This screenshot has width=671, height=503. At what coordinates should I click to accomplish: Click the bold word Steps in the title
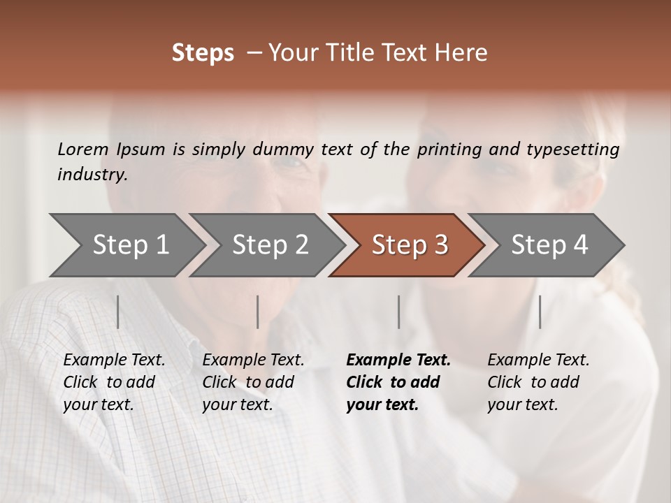(x=203, y=53)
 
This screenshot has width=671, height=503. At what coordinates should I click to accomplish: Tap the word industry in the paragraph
(x=92, y=175)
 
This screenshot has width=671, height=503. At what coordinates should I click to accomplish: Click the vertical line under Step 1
(x=117, y=312)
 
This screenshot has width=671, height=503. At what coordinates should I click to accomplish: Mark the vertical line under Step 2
(x=258, y=312)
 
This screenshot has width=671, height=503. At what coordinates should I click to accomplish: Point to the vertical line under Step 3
(x=398, y=312)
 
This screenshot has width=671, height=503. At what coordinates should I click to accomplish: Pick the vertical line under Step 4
(x=540, y=312)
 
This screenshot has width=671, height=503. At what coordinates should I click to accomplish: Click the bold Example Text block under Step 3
(x=398, y=382)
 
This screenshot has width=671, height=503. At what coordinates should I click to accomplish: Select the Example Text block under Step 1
(x=114, y=382)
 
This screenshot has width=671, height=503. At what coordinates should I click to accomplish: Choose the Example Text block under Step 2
(x=253, y=382)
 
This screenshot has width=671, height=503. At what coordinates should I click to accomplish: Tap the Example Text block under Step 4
(x=538, y=382)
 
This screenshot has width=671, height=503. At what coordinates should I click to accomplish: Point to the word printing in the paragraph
(x=448, y=149)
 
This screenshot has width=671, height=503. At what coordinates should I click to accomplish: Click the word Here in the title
(x=463, y=53)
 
